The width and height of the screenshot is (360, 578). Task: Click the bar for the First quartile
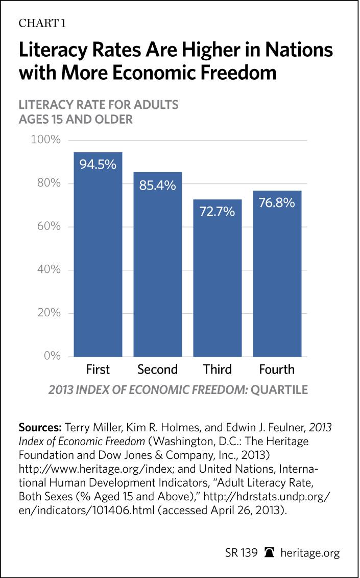(98, 256)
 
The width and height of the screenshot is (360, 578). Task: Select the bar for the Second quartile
(158, 266)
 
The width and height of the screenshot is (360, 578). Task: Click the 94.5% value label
(98, 165)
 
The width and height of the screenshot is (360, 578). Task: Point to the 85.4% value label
(158, 185)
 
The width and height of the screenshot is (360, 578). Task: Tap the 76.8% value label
(277, 203)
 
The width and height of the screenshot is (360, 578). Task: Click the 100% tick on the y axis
(46, 140)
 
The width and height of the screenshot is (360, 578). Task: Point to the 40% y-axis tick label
(49, 269)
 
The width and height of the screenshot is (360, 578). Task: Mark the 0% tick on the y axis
(52, 356)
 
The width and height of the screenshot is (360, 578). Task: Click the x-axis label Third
(217, 369)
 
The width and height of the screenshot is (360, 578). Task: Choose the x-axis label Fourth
(277, 369)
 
